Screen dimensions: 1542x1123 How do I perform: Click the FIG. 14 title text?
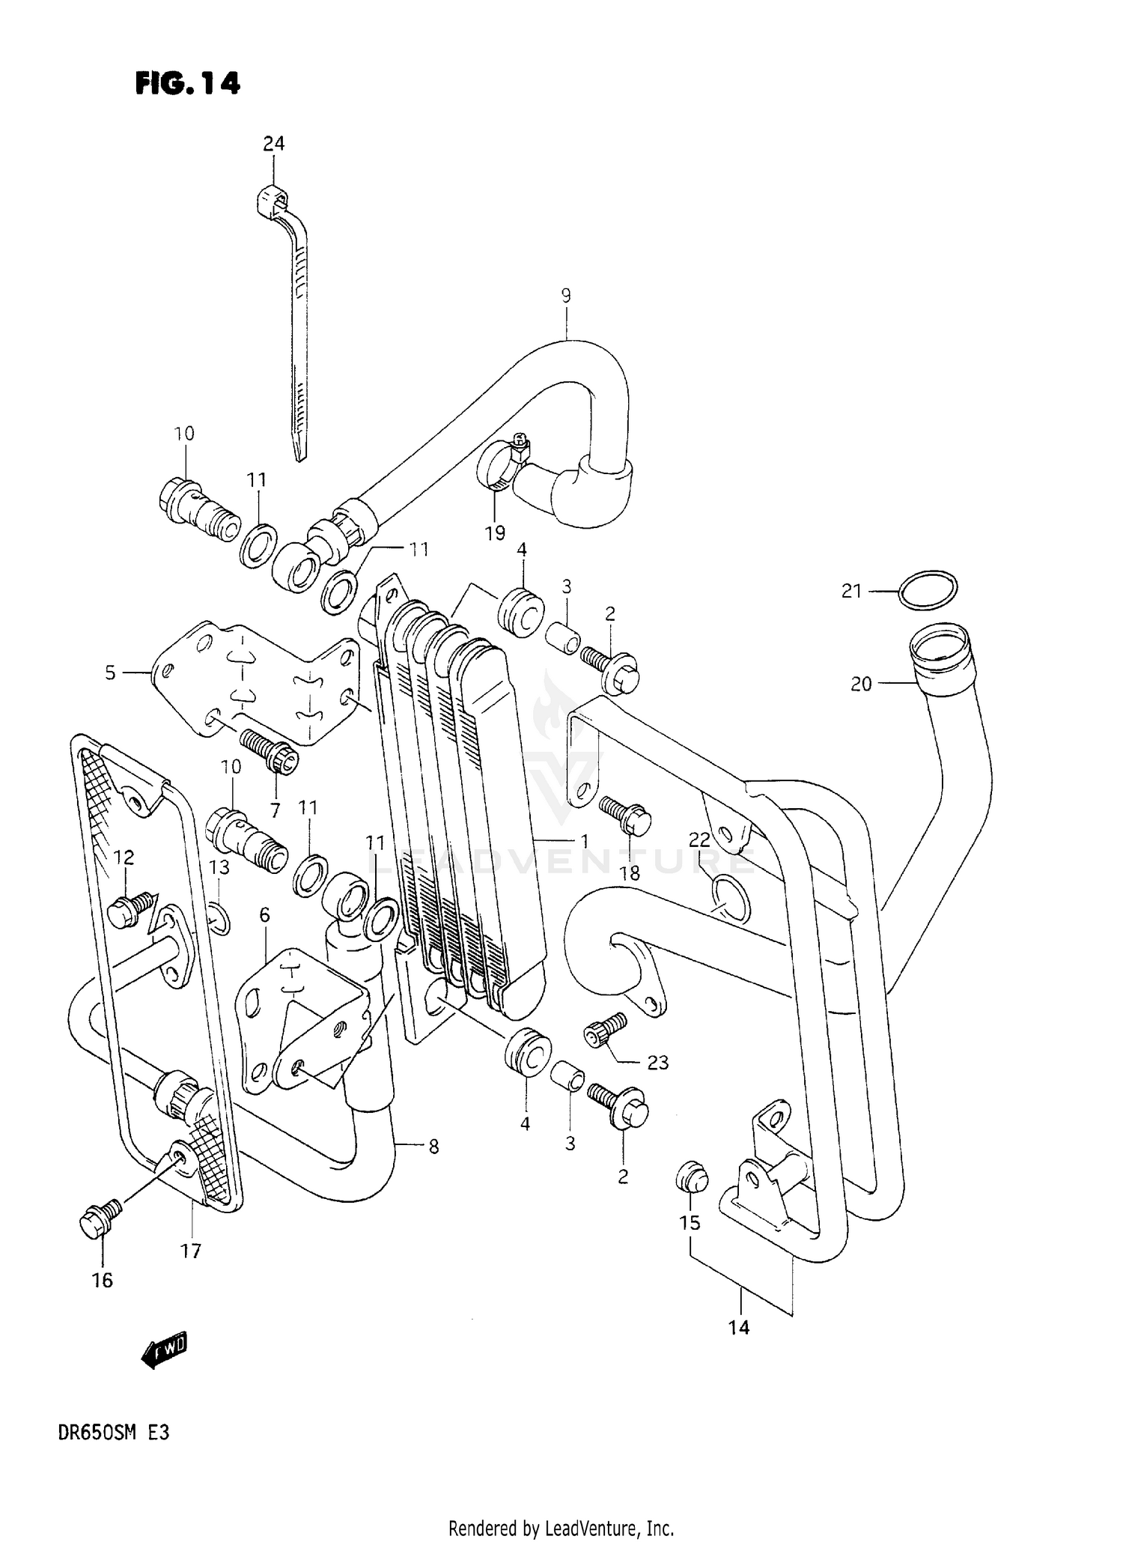[188, 83]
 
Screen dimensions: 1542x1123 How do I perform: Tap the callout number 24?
[273, 143]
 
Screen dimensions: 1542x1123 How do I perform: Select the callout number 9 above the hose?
[566, 295]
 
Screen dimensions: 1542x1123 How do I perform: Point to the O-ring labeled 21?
[928, 592]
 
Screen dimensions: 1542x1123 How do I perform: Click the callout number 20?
[862, 683]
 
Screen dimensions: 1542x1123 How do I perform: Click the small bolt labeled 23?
[606, 1028]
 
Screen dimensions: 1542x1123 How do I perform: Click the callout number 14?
[738, 1327]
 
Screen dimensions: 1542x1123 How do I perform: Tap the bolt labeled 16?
[97, 1223]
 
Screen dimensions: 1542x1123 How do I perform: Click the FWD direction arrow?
[164, 1350]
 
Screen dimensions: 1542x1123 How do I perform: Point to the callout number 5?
[110, 673]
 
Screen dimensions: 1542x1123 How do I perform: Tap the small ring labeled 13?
[218, 918]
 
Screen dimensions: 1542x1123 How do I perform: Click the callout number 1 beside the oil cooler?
[584, 841]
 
